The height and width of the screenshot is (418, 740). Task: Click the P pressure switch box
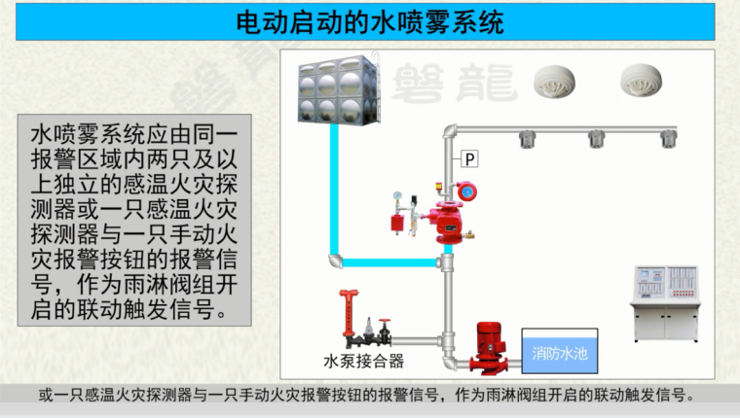pyautogui.click(x=470, y=157)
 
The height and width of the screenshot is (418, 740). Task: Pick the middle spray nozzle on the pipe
pyautogui.click(x=596, y=140)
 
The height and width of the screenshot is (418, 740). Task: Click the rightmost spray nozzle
pyautogui.click(x=668, y=140)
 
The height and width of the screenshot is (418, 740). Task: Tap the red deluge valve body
pyautogui.click(x=448, y=220)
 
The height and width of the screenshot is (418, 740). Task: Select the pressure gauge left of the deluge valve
pyautogui.click(x=397, y=198)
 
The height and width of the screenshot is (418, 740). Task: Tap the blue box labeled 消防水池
pyautogui.click(x=559, y=354)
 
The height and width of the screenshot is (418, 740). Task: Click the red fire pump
pyautogui.click(x=487, y=348)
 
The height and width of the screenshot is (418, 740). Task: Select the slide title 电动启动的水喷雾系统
pyautogui.click(x=370, y=22)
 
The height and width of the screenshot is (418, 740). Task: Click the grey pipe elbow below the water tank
pyautogui.click(x=335, y=261)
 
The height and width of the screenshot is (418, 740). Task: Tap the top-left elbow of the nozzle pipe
pyautogui.click(x=449, y=131)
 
